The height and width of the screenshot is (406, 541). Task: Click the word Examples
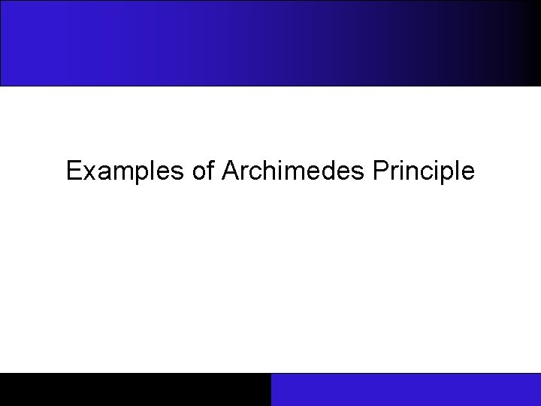click(x=125, y=171)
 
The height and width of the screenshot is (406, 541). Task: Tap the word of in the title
click(x=203, y=171)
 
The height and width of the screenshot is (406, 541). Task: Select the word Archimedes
click(x=293, y=171)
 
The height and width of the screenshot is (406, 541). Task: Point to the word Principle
click(x=423, y=171)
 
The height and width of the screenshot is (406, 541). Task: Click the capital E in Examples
click(x=73, y=171)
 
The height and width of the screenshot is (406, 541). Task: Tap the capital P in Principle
click(x=378, y=171)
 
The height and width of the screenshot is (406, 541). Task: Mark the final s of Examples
click(x=177, y=174)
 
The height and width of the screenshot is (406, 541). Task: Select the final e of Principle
click(x=468, y=174)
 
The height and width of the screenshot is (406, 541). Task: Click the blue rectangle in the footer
click(x=406, y=389)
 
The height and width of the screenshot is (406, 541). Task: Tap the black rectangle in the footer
click(x=135, y=389)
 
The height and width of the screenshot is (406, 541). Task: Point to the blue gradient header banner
click(x=270, y=43)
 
